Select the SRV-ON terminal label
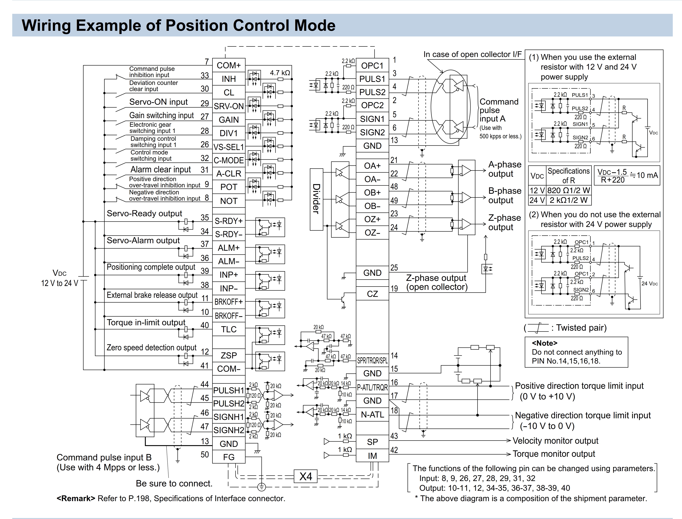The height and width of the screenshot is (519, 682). pyautogui.click(x=229, y=106)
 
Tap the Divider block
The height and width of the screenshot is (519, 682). pyautogui.click(x=316, y=199)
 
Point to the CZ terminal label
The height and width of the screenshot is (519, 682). pyautogui.click(x=372, y=294)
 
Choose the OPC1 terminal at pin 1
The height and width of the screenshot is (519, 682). pyautogui.click(x=372, y=65)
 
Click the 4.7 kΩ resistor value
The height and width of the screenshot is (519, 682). pyautogui.click(x=280, y=73)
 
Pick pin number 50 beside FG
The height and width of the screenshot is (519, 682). pyautogui.click(x=205, y=454)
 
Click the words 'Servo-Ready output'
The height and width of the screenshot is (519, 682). pyautogui.click(x=144, y=214)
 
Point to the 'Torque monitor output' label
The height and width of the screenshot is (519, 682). pyautogui.click(x=554, y=454)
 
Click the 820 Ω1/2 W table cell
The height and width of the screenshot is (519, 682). pyautogui.click(x=569, y=190)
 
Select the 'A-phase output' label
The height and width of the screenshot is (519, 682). pyautogui.click(x=505, y=169)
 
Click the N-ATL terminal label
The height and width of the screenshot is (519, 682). pyautogui.click(x=372, y=415)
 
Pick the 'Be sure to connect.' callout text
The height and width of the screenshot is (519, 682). pyautogui.click(x=174, y=483)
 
